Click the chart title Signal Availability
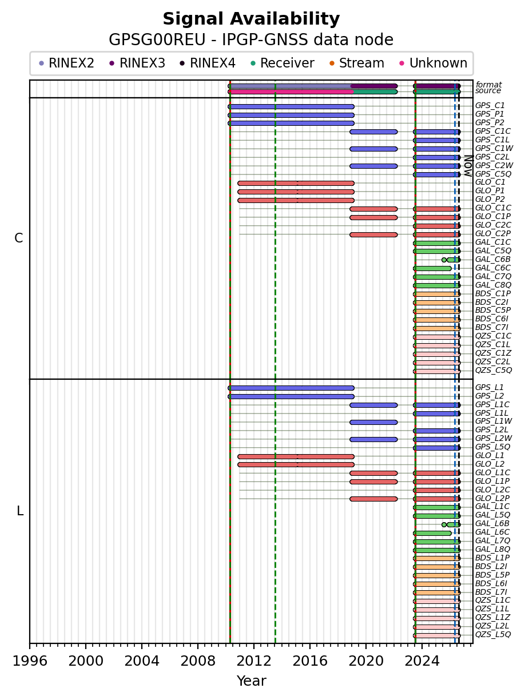tap(251, 19)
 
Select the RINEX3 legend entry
tap(137, 63)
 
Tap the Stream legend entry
tap(357, 63)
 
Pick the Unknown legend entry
tap(433, 63)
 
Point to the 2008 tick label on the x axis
tap(198, 661)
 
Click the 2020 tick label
tap(366, 661)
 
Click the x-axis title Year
tap(251, 681)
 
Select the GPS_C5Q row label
tap(493, 174)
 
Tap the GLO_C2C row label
tap(493, 225)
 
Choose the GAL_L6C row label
tap(492, 532)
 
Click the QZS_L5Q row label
tap(493, 635)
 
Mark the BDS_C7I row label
tap(491, 328)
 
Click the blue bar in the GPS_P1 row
tap(291, 115)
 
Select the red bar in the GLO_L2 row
tap(296, 464)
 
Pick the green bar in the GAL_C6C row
tap(432, 269)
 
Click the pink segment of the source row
tap(291, 92)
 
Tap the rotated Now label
tap(468, 166)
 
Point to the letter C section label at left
tap(18, 238)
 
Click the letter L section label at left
tap(20, 511)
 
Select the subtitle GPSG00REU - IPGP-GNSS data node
tap(251, 40)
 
